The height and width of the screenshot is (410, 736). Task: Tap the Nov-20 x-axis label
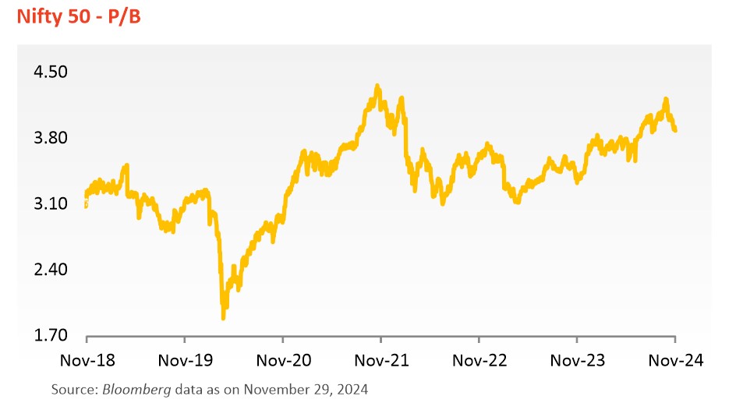point(282,360)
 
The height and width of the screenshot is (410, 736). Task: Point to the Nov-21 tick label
point(380,360)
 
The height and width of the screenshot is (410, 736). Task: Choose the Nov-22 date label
point(479,360)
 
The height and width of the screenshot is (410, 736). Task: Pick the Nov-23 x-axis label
point(577,360)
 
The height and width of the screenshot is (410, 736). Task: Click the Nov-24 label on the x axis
point(675,360)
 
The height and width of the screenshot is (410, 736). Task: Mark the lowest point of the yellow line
point(224,318)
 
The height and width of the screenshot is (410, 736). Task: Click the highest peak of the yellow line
point(377,86)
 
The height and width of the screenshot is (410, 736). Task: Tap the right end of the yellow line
point(675,130)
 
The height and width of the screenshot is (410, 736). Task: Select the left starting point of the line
point(86,204)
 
